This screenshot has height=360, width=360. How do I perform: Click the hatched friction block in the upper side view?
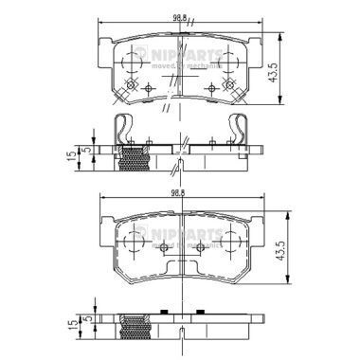tap(138, 160)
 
